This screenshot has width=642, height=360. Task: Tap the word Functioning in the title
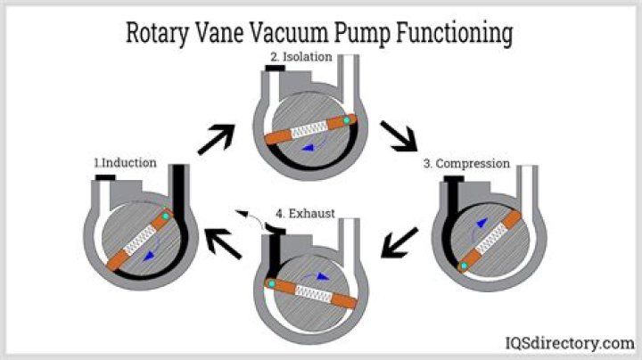pyautogui.click(x=450, y=33)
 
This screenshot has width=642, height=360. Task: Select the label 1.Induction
pyautogui.click(x=126, y=163)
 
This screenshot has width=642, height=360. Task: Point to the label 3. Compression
pyautogui.click(x=466, y=164)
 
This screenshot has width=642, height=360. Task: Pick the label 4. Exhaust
pyautogui.click(x=307, y=214)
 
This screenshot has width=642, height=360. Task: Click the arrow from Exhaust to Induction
pyautogui.click(x=222, y=242)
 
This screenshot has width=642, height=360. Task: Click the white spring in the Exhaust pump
pyautogui.click(x=313, y=290)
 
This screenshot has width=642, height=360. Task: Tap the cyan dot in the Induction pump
pyautogui.click(x=165, y=217)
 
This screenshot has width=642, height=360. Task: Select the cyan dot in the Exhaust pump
pyautogui.click(x=270, y=282)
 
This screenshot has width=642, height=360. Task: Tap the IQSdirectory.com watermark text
pyautogui.click(x=566, y=343)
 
